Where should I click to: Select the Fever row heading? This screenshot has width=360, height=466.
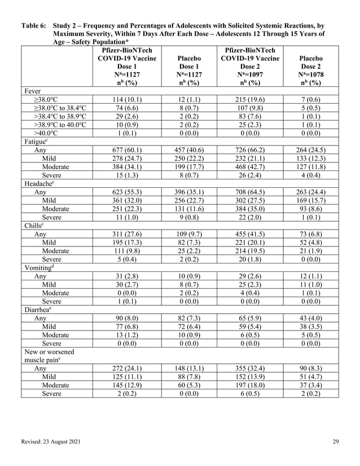click(x=33, y=90)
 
